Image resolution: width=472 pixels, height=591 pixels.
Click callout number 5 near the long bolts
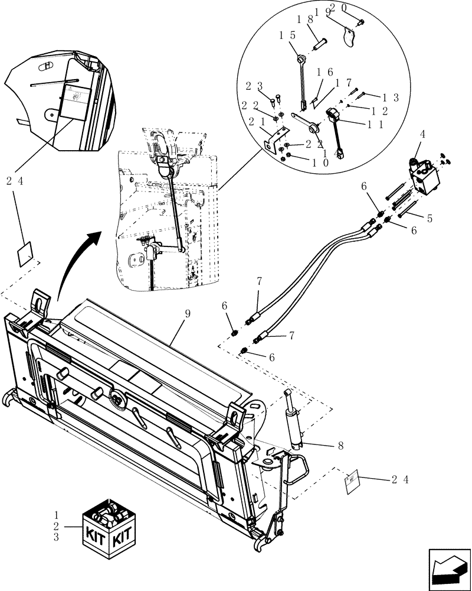click(430, 219)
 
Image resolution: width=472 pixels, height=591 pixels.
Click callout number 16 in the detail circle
click(325, 72)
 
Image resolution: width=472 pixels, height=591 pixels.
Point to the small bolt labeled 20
click(361, 22)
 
